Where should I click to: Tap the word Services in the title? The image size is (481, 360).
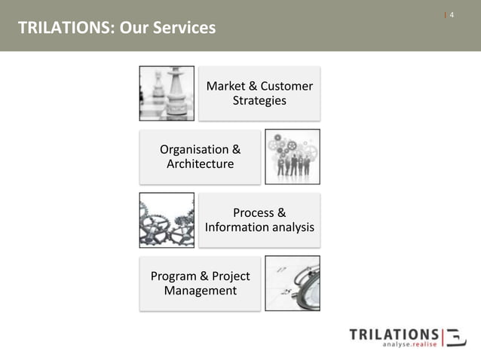(x=184, y=29)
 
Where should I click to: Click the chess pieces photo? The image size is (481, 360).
(x=167, y=93)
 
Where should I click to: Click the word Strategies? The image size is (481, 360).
(x=259, y=101)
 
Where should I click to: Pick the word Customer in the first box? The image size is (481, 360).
(x=286, y=87)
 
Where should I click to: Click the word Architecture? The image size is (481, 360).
(x=200, y=164)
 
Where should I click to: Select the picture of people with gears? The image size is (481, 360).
(x=293, y=157)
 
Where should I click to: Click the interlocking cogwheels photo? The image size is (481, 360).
(x=167, y=220)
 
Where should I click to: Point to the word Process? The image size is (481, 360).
(x=253, y=213)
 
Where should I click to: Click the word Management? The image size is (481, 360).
(x=200, y=291)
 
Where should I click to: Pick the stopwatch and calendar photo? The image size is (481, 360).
(x=293, y=283)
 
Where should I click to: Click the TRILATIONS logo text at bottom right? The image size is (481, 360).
(x=394, y=334)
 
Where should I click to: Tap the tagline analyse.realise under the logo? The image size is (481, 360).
(x=409, y=346)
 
